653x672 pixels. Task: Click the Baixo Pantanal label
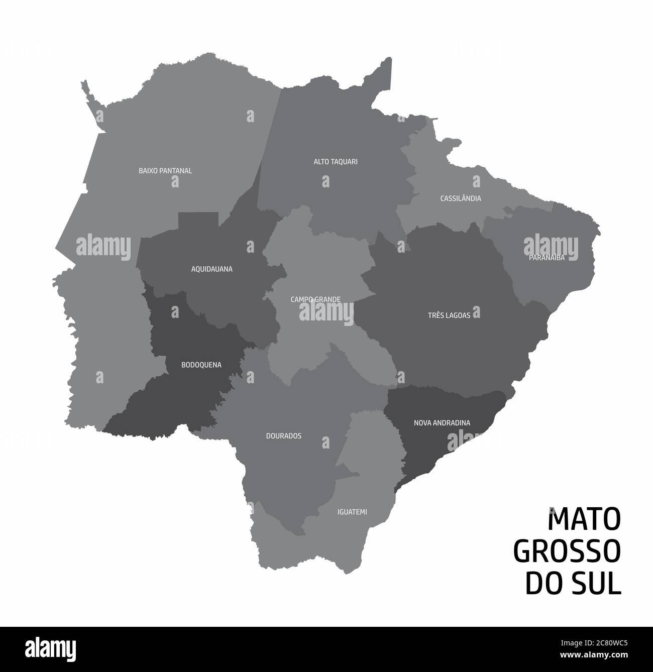click(x=165, y=171)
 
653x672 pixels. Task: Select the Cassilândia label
click(x=460, y=198)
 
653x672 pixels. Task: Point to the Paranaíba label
click(x=547, y=258)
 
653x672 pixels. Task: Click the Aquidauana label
click(x=211, y=269)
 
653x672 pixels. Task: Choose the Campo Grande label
click(x=315, y=299)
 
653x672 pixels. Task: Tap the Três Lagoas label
click(x=449, y=315)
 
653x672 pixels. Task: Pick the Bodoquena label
click(x=201, y=365)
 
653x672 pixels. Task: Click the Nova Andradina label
click(x=442, y=423)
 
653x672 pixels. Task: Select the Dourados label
click(x=283, y=436)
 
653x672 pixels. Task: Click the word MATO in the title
click(x=584, y=520)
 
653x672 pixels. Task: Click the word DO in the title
click(x=542, y=584)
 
